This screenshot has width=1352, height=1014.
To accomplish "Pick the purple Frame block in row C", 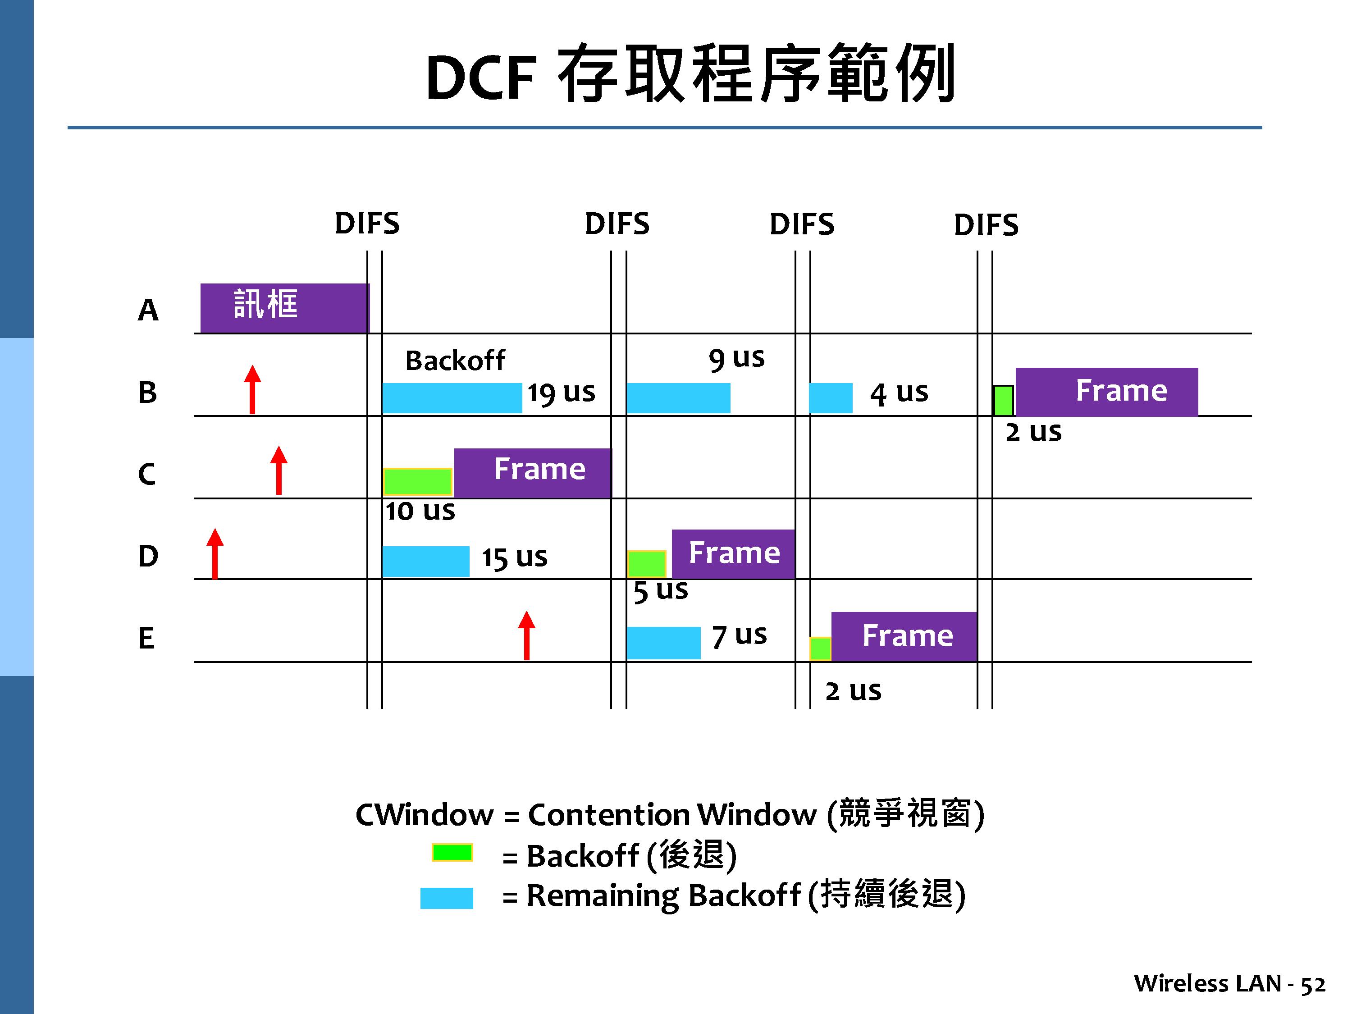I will tap(532, 473).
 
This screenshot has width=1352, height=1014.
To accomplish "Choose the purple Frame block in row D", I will tap(733, 554).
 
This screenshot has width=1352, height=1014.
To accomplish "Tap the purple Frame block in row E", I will tap(904, 636).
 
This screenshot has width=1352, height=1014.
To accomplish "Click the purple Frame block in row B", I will tap(1106, 392).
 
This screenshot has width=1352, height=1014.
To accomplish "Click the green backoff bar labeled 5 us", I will tap(647, 563).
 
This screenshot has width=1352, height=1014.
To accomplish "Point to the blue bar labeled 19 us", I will tap(452, 398).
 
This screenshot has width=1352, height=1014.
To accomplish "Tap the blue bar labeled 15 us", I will tap(426, 561).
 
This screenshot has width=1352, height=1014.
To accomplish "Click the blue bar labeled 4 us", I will tap(831, 398).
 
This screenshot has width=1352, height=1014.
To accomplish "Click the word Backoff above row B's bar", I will tap(455, 361).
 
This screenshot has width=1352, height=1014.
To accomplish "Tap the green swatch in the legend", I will tap(452, 852).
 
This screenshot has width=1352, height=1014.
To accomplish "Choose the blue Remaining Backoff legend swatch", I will tap(447, 898).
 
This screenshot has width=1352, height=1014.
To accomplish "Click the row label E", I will tap(146, 638).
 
